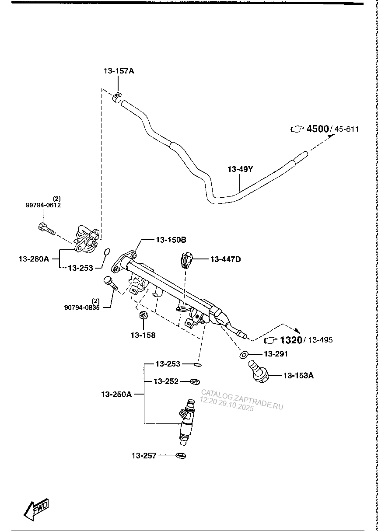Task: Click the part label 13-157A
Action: (x=119, y=70)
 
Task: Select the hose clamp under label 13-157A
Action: (x=117, y=97)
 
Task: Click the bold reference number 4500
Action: (x=318, y=129)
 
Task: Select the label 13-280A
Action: (x=34, y=259)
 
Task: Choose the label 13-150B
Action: (x=171, y=240)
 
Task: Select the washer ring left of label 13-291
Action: (x=244, y=354)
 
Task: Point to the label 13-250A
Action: (x=116, y=394)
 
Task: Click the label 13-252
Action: (x=166, y=381)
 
